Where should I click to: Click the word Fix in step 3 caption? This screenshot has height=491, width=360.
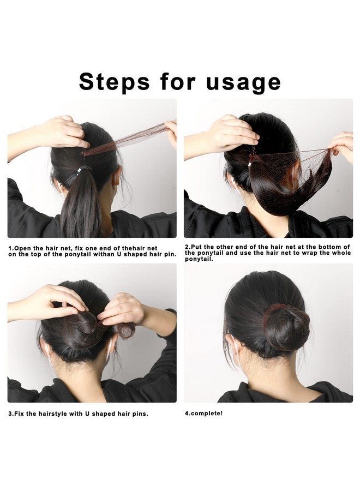[22, 414]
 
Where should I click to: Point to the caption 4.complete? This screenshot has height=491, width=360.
[203, 413]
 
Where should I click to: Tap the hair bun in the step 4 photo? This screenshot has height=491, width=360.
[286, 327]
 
